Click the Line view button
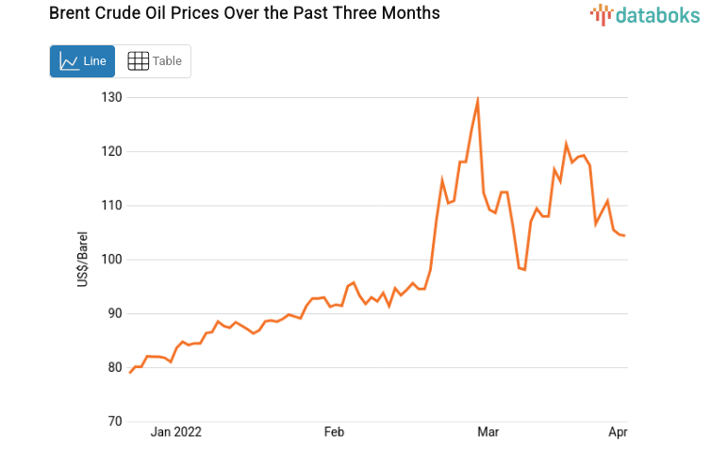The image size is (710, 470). [82, 61]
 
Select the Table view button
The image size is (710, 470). [154, 61]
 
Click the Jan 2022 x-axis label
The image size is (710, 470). [176, 432]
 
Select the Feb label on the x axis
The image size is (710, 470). [334, 432]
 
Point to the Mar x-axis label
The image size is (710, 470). [488, 432]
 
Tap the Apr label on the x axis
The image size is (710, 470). [618, 432]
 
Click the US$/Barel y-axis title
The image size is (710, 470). [84, 260]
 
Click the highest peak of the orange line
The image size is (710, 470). [478, 100]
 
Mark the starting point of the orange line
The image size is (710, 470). [130, 373]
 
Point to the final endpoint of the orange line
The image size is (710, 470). [624, 236]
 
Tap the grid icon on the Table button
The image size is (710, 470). [138, 61]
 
